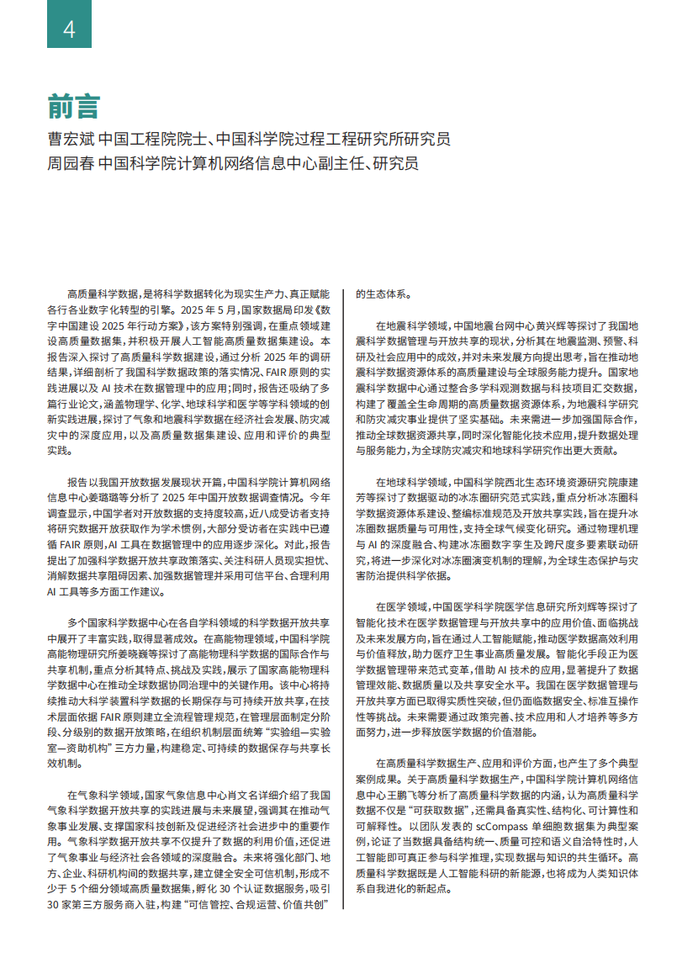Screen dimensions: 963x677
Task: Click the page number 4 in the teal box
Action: pos(69,29)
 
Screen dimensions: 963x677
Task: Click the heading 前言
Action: pos(73,107)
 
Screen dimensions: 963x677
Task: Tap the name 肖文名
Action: pos(248,793)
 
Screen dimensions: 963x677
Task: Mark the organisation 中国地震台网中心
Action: pos(476,325)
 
